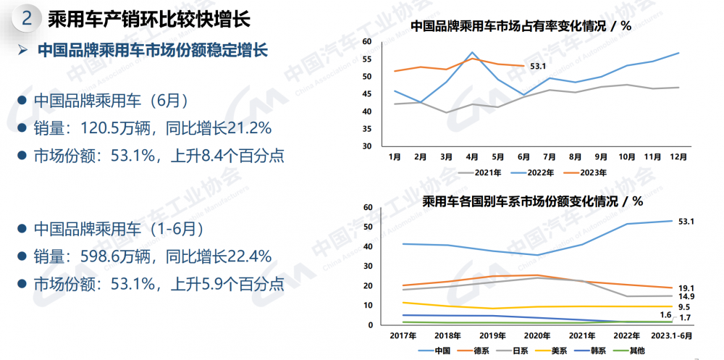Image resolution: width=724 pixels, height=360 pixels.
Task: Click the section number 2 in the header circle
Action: point(27,18)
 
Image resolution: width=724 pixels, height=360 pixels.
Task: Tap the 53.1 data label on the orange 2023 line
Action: point(538,67)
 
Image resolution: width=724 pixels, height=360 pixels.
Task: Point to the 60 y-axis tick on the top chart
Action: point(366,41)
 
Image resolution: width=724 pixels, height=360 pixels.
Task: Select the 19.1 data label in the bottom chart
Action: point(686,288)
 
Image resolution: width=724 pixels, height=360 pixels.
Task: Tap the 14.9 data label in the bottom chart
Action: point(686,297)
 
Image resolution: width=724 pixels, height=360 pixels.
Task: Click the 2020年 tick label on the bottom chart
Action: point(536,335)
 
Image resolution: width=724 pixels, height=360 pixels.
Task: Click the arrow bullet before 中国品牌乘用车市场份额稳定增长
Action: point(22,51)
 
